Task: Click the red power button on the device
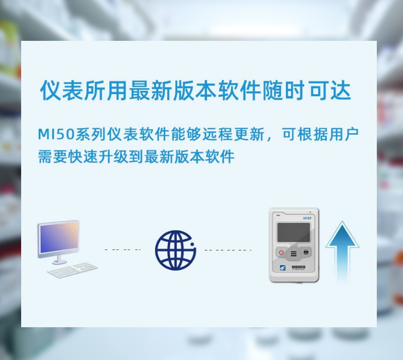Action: [281, 252]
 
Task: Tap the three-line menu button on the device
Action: [294, 254]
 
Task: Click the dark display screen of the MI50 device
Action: [294, 232]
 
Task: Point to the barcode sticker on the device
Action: [299, 267]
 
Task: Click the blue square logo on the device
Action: [282, 267]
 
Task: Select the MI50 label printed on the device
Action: [307, 218]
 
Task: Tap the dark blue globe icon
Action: [175, 250]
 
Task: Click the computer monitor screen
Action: [59, 238]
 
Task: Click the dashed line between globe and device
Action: [227, 250]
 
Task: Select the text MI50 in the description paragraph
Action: [56, 134]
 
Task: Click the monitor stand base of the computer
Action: [59, 262]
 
